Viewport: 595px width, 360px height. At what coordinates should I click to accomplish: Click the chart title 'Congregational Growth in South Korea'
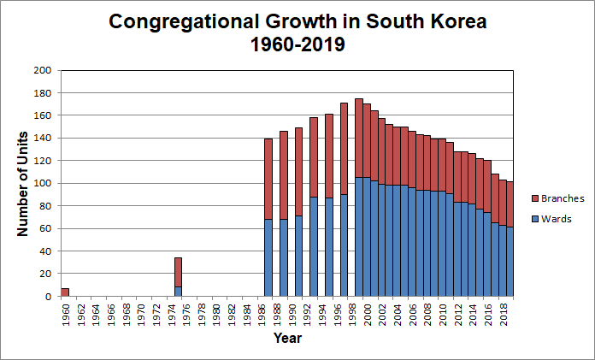point(297,22)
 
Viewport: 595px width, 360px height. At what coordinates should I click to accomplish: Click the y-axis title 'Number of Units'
point(23,183)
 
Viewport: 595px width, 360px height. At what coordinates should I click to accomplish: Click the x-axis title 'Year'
point(286,339)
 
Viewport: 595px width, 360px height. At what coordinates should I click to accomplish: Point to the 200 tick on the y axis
point(42,70)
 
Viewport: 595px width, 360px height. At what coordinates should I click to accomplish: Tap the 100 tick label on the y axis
point(42,183)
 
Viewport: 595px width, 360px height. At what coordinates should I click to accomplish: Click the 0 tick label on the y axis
point(48,297)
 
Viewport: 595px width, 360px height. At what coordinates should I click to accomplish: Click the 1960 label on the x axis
point(66,311)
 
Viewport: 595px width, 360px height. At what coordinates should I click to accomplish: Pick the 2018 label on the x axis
point(504,311)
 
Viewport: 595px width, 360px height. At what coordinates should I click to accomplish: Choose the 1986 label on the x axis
point(262,311)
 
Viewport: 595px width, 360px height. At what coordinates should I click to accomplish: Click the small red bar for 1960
point(65,292)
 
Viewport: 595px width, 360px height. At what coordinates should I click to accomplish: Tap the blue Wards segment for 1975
point(178,292)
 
